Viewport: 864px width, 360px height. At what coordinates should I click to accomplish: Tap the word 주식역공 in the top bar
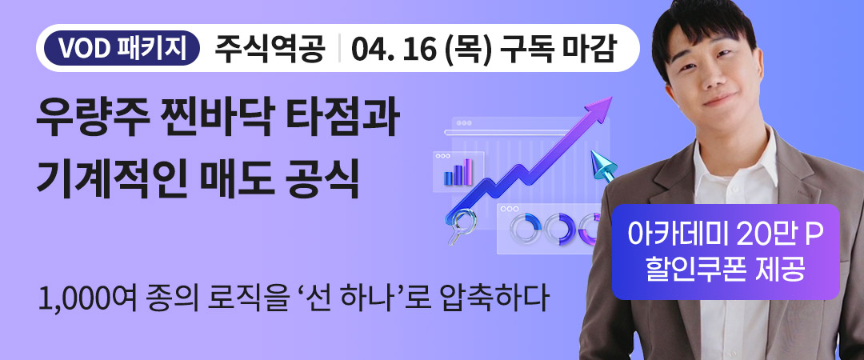point(270,50)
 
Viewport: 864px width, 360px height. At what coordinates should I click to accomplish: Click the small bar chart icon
point(458,172)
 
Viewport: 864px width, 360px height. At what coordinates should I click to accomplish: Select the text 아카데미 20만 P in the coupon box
point(726,234)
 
